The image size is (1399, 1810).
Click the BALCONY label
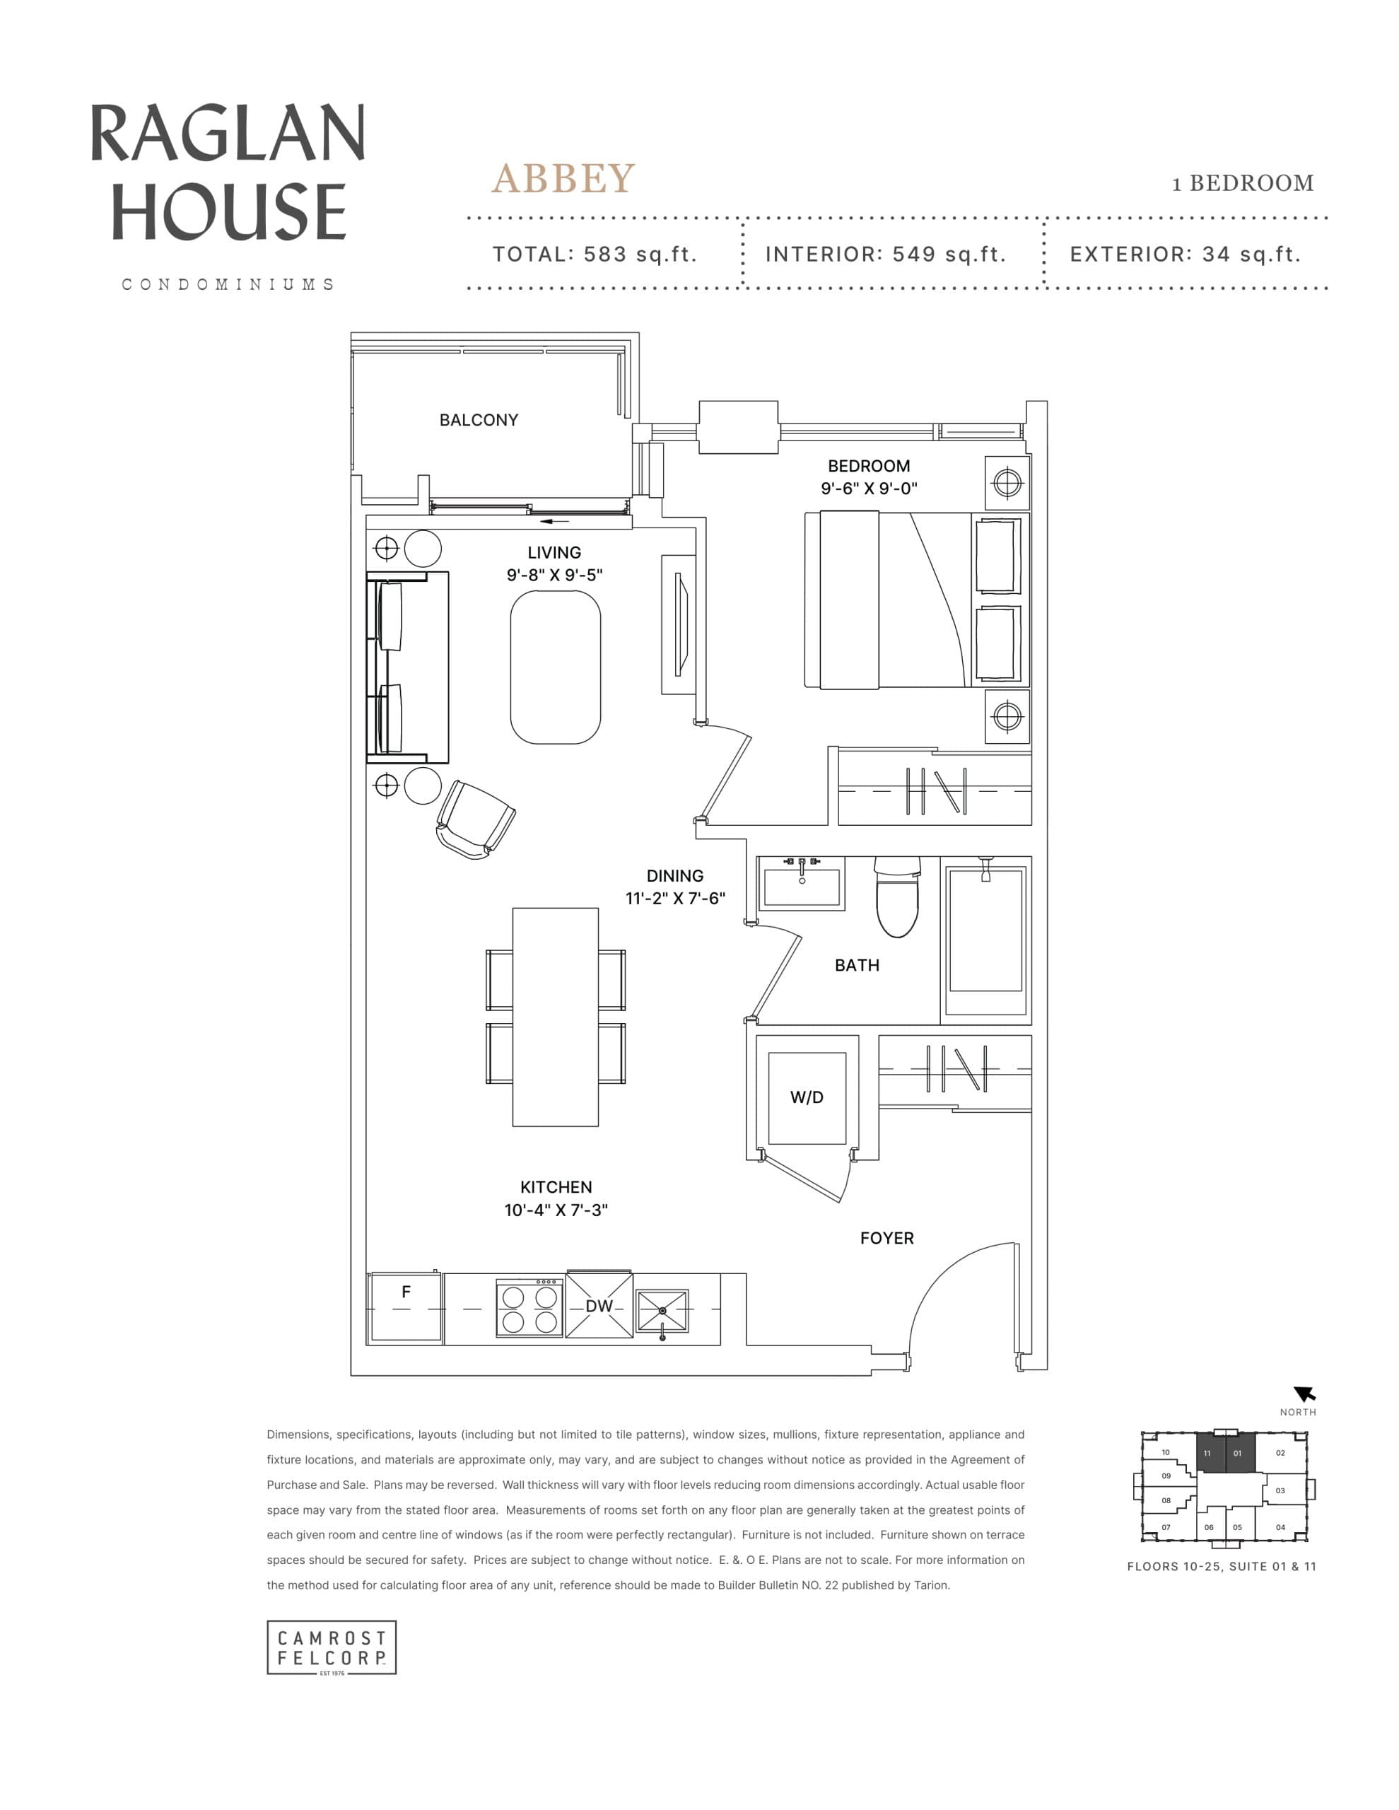coord(478,420)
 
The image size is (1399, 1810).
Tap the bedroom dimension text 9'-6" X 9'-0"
coord(869,488)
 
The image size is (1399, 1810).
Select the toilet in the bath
coord(898,899)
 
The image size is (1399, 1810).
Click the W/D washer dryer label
coord(807,1097)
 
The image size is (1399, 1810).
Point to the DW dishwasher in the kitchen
coord(598,1306)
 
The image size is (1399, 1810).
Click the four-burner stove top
coord(529,1309)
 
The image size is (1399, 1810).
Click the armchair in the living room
coord(475,819)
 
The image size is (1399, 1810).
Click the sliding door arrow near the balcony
coord(556,521)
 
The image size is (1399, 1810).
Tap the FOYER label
coord(886,1238)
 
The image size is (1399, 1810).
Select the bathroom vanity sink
coord(802,884)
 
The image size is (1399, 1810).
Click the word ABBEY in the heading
coord(563,179)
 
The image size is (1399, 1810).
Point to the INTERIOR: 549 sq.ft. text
coord(885,255)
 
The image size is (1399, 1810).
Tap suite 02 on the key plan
coord(1280,1453)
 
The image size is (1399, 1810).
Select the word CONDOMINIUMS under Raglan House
coord(228,284)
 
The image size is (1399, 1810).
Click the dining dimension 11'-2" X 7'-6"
coord(674,899)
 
